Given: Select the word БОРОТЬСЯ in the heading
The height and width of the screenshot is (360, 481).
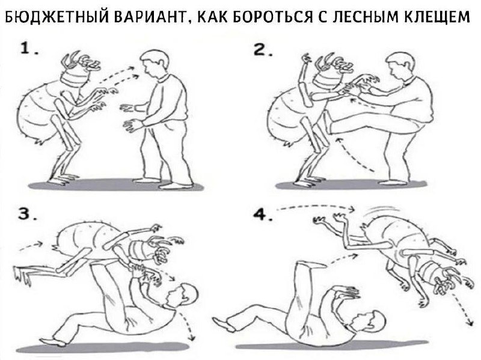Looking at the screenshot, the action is coord(271,17).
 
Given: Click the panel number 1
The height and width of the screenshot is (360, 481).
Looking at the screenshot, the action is coord(29,49).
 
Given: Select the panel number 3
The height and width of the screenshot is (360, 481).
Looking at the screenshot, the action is coord(27,214).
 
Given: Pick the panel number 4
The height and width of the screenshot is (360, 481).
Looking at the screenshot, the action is coord(263,215).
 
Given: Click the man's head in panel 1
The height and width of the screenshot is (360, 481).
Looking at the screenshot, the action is coord(155,64).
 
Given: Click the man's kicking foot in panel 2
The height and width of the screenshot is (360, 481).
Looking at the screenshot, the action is coord(328,123).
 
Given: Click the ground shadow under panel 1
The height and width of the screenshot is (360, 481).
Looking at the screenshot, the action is coord(116,186).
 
